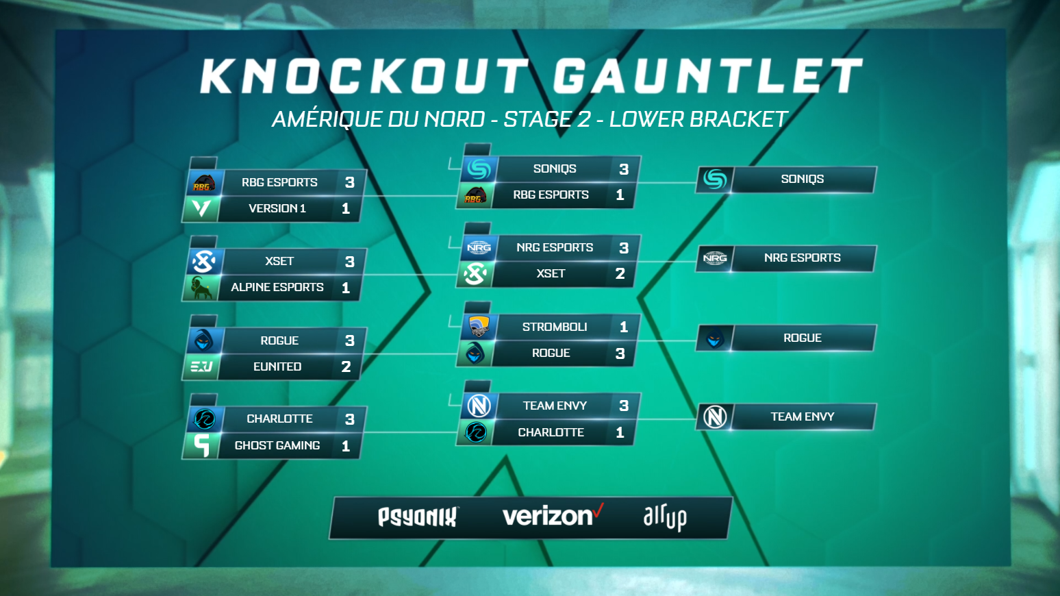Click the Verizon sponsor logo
pyautogui.click(x=553, y=516)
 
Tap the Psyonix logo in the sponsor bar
pyautogui.click(x=418, y=517)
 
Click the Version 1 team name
pyautogui.click(x=277, y=208)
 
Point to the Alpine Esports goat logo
pyautogui.click(x=201, y=288)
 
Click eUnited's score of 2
pyautogui.click(x=346, y=367)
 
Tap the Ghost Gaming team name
pyautogui.click(x=277, y=445)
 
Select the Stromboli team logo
pyautogui.click(x=479, y=327)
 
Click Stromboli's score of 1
pyautogui.click(x=624, y=327)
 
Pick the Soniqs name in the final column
pyautogui.click(x=802, y=179)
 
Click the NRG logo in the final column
pyautogui.click(x=715, y=258)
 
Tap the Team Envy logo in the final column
pyautogui.click(x=715, y=417)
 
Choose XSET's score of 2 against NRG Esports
pyautogui.click(x=620, y=273)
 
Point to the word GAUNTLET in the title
pyautogui.click(x=707, y=76)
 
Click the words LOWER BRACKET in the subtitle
pyautogui.click(x=698, y=119)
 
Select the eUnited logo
pyautogui.click(x=201, y=367)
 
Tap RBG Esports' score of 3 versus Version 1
pyautogui.click(x=350, y=182)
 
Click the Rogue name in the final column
pyautogui.click(x=802, y=338)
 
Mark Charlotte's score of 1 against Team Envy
pyautogui.click(x=620, y=432)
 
